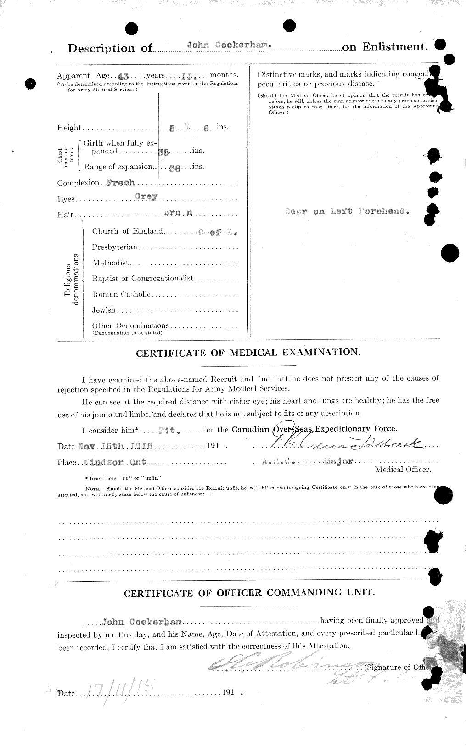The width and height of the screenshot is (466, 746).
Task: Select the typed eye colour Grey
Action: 146,196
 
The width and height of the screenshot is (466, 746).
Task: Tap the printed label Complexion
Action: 78,183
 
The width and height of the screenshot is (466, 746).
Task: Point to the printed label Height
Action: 69,128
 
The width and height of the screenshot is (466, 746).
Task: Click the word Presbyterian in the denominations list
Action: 114,247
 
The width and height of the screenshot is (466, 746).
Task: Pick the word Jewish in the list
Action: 103,310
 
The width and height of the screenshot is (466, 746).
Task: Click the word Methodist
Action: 110,263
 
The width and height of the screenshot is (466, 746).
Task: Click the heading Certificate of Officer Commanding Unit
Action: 249,593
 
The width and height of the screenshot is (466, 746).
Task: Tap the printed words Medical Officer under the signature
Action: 403,469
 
